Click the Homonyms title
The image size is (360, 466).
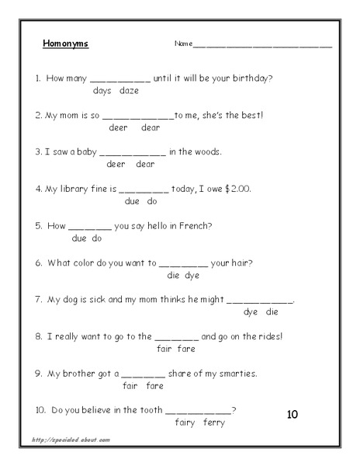65,43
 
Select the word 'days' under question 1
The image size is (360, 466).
102,91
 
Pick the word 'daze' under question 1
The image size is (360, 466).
129,91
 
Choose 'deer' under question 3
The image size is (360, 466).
116,164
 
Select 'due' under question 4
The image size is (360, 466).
131,201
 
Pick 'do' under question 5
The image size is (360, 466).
97,238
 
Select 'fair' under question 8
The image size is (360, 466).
163,349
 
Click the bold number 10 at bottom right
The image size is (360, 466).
292,414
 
